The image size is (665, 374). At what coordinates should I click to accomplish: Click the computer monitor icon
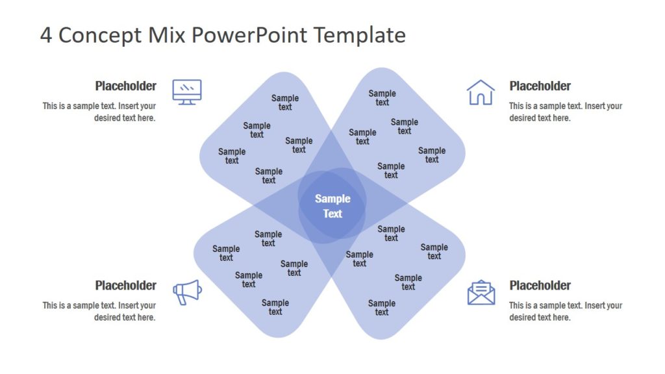click(187, 92)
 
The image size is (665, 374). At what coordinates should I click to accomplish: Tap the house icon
click(481, 92)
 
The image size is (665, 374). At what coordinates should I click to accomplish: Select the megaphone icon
click(187, 292)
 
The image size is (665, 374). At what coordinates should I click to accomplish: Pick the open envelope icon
click(481, 292)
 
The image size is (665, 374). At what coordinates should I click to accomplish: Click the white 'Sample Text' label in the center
click(332, 206)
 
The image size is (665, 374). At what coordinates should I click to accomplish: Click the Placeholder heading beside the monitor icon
click(125, 86)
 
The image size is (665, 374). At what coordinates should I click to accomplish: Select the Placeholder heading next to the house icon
click(540, 86)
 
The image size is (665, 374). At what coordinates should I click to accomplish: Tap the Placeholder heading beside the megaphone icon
click(125, 285)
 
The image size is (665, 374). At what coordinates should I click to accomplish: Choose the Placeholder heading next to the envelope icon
click(540, 285)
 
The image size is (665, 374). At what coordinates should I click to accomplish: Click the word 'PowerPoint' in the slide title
click(251, 35)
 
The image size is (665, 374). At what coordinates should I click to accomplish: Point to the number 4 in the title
click(46, 35)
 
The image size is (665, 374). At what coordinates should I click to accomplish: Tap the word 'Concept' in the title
click(98, 35)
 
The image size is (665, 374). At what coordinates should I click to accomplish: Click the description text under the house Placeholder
click(565, 112)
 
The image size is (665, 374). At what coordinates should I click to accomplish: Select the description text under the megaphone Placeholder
click(99, 311)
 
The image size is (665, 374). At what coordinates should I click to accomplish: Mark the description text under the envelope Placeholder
click(565, 311)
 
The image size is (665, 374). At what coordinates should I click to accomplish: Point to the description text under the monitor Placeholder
click(99, 112)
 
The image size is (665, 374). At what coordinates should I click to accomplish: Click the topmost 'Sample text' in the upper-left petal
click(285, 103)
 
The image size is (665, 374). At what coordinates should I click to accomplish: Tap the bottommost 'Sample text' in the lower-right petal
click(382, 308)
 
